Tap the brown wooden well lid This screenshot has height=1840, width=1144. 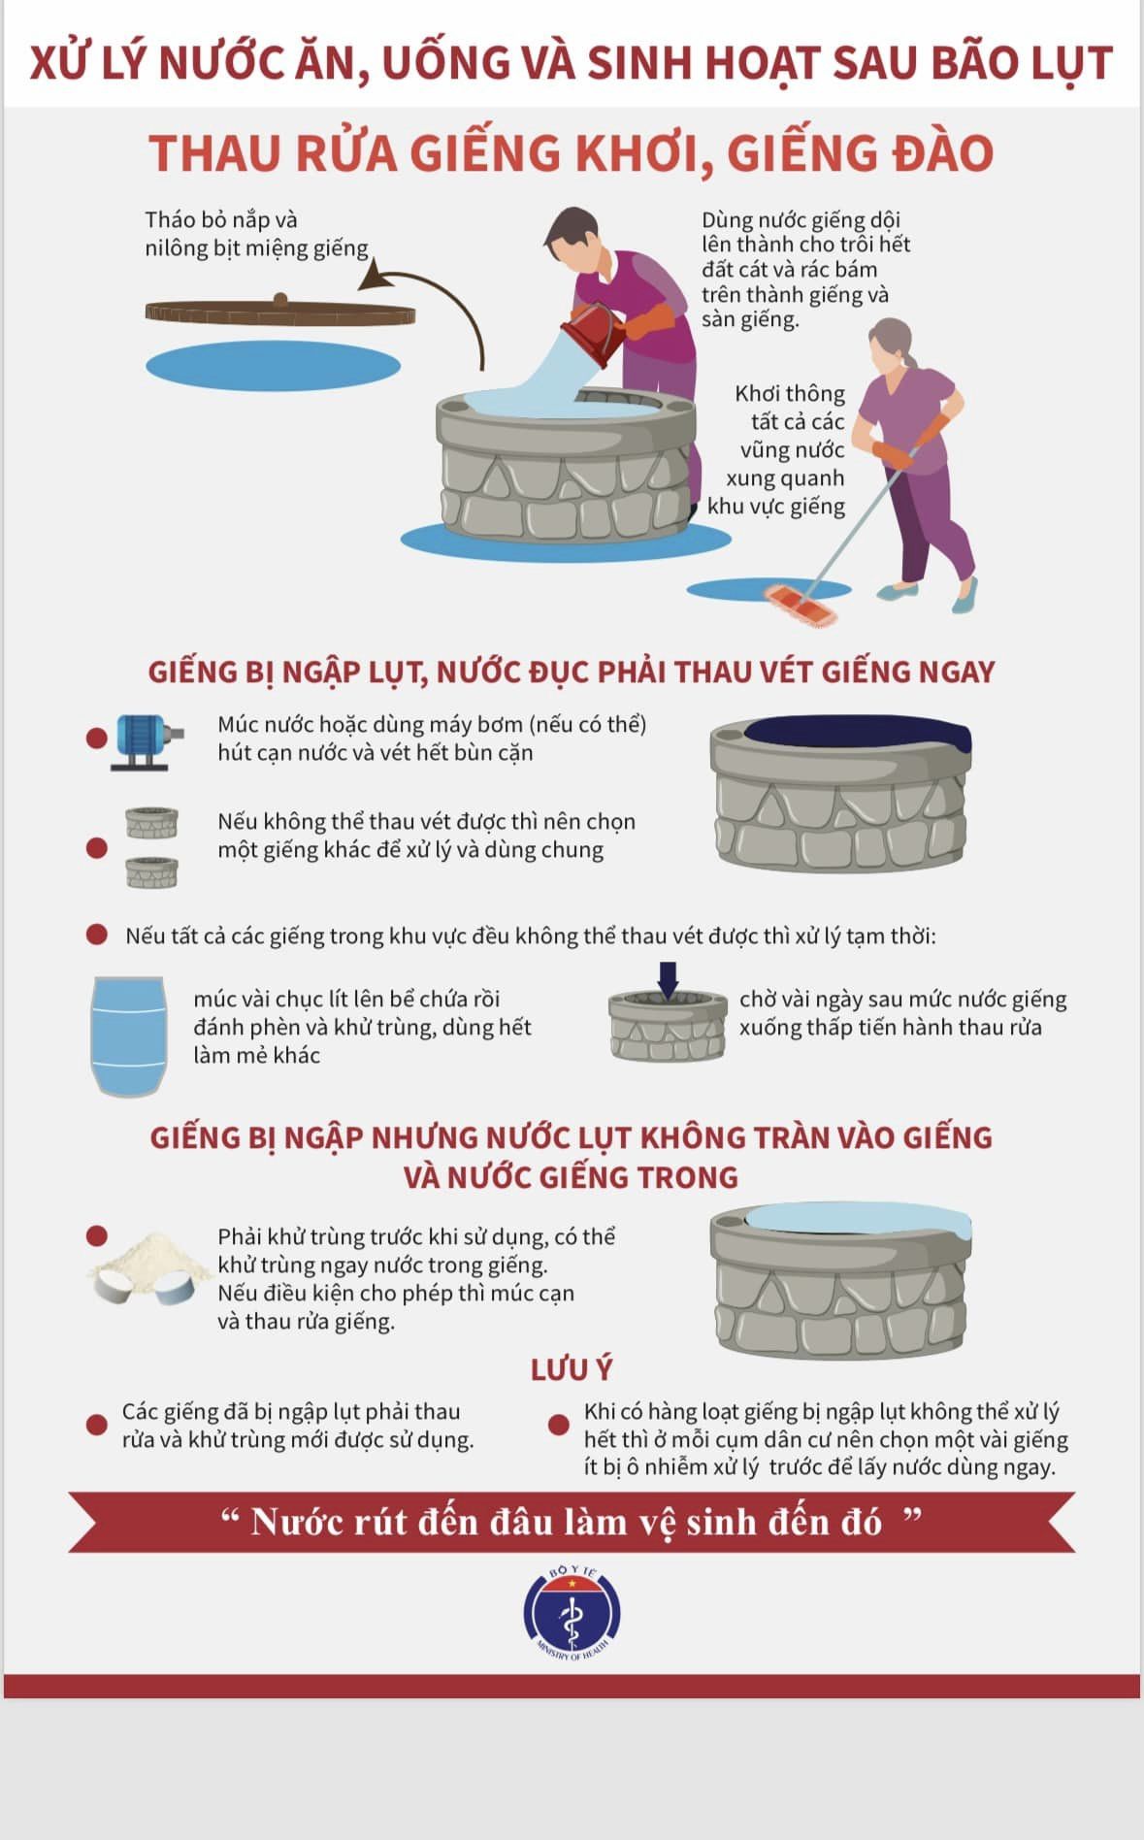(x=279, y=312)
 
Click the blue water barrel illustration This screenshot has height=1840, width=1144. (x=127, y=1035)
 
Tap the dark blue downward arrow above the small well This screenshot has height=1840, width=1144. (x=668, y=977)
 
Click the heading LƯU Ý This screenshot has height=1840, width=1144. (x=572, y=1369)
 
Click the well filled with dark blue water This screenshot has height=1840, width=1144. (x=840, y=794)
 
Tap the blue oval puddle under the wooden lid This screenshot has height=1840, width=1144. (x=273, y=366)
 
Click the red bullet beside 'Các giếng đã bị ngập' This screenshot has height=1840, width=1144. (x=96, y=1425)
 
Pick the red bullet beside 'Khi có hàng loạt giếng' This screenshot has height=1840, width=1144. (x=558, y=1425)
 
